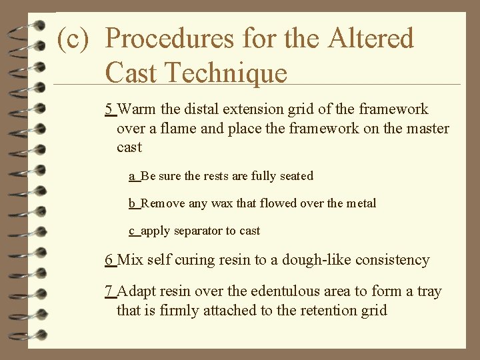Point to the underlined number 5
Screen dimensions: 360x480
click(x=109, y=109)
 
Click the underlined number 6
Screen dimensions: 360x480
click(x=109, y=260)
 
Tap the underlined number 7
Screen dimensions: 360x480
click(x=109, y=292)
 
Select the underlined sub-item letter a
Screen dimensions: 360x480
click(x=133, y=176)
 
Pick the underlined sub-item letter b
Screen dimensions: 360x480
click(x=133, y=203)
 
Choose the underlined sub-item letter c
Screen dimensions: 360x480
click(x=133, y=231)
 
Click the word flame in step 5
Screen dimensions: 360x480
click(x=178, y=128)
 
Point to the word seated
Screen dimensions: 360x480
click(x=294, y=176)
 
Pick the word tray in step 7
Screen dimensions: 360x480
click(x=429, y=292)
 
